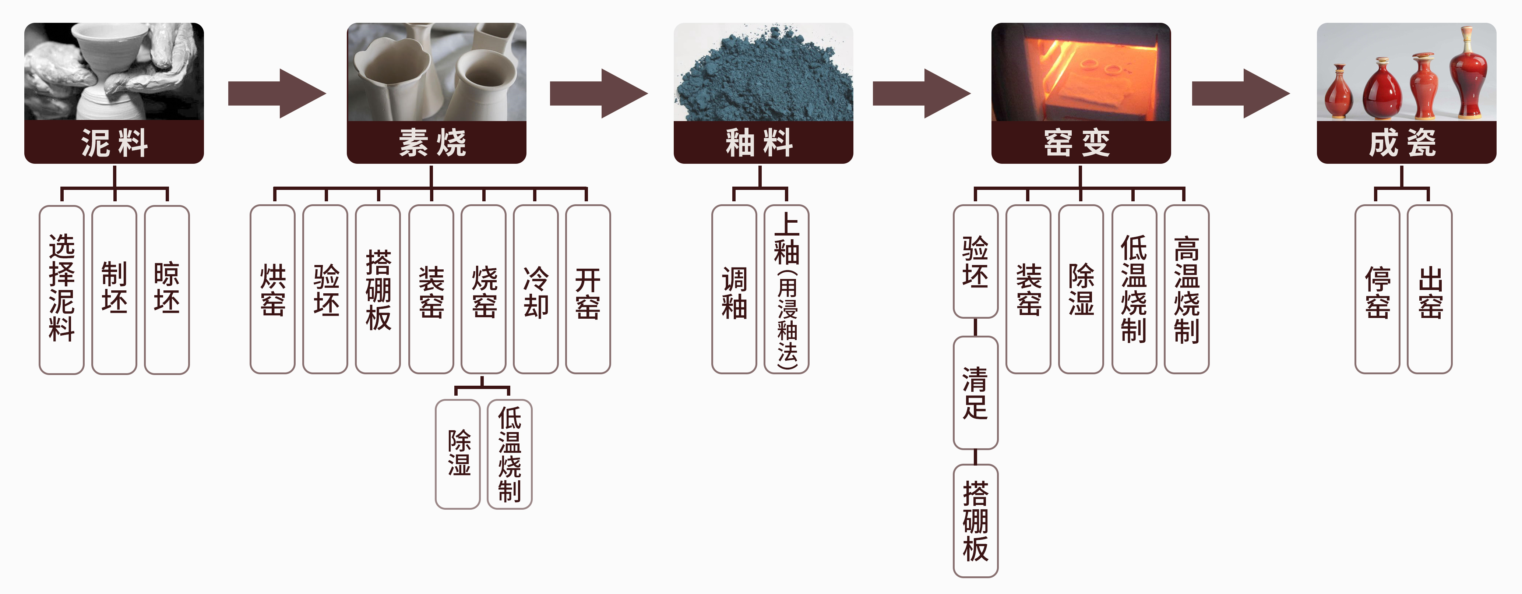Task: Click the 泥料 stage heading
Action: (114, 143)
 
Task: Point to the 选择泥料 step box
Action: (61, 289)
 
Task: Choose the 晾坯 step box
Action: (167, 289)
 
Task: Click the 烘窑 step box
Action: (272, 289)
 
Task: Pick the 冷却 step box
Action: (535, 289)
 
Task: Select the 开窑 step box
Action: (588, 289)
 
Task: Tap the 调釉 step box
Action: (734, 289)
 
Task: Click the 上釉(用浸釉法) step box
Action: (786, 289)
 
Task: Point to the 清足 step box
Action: (976, 393)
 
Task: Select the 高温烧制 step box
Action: (1186, 289)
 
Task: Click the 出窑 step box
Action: (1430, 289)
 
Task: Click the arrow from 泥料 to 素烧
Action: (276, 93)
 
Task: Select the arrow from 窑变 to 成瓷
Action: (1240, 93)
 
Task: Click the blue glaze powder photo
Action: (763, 72)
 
